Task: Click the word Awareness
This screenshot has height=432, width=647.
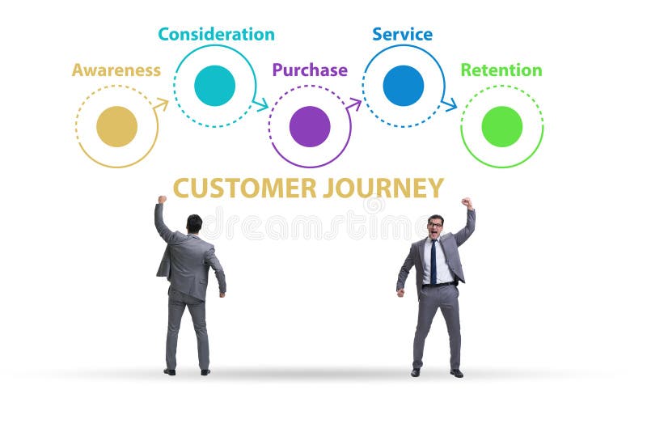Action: (116, 70)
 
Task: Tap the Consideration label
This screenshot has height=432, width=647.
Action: (216, 34)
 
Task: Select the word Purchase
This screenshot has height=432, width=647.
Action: (310, 70)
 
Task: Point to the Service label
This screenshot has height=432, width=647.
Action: (402, 34)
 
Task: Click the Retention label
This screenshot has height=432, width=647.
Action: (501, 70)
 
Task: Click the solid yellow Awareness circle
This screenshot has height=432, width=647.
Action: (116, 126)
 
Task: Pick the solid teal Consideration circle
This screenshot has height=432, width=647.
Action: (215, 86)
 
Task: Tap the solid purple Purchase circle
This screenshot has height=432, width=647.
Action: (310, 126)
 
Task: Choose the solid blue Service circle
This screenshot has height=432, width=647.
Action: (403, 86)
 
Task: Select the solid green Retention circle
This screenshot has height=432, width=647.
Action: (501, 126)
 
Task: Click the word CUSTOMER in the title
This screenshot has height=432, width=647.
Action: (244, 188)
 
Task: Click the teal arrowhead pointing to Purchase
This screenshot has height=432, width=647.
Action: (260, 104)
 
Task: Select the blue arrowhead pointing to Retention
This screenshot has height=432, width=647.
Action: (450, 104)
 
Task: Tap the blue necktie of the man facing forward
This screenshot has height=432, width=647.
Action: (433, 261)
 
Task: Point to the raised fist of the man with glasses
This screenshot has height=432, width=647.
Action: (467, 203)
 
